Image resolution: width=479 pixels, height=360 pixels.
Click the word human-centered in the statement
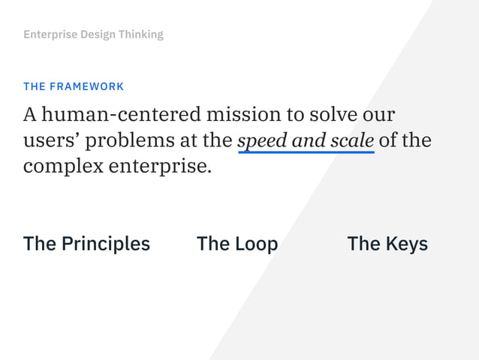pyautogui.click(x=122, y=115)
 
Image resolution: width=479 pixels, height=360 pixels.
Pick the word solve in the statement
pyautogui.click(x=331, y=115)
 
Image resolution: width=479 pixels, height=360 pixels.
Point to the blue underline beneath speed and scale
pyautogui.click(x=306, y=152)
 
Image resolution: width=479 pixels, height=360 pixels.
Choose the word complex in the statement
pyautogui.click(x=63, y=165)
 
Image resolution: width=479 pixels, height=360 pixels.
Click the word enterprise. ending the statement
pyautogui.click(x=160, y=165)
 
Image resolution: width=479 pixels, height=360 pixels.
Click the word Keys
pyautogui.click(x=407, y=244)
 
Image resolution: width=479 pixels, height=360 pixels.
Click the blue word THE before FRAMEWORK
pyautogui.click(x=35, y=86)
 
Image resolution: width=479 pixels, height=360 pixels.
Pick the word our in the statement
pyautogui.click(x=378, y=115)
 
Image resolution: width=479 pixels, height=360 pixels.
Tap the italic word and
pyautogui.click(x=310, y=141)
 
